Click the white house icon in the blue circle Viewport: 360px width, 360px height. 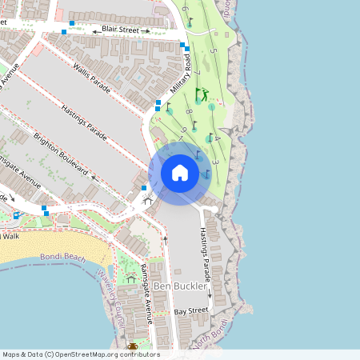coord(179,172)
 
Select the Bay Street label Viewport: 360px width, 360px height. coord(191,310)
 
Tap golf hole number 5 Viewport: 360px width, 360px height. coord(213,51)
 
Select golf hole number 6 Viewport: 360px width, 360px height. coord(185,10)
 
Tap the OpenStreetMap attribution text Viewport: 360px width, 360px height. coord(81,354)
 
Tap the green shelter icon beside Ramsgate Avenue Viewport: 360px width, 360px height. coord(130,278)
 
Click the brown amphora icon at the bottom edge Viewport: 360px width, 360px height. coord(133,346)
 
